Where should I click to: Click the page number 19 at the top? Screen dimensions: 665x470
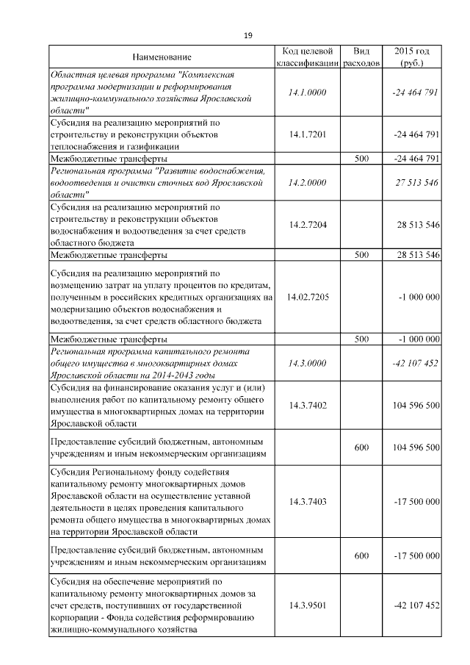(x=247, y=35)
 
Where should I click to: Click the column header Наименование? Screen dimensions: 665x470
(x=162, y=57)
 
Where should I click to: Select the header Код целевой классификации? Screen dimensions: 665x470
(x=308, y=57)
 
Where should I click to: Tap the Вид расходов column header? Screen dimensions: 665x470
(x=361, y=57)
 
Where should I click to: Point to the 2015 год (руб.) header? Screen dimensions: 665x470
(x=412, y=57)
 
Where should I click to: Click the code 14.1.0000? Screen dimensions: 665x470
(x=308, y=93)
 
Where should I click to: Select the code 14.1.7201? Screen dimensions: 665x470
(x=308, y=135)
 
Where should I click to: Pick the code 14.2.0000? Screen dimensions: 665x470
(x=308, y=182)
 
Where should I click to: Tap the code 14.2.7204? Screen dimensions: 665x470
(x=308, y=225)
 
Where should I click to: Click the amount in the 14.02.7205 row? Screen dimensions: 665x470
(x=419, y=297)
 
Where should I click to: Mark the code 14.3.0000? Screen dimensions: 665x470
(x=308, y=363)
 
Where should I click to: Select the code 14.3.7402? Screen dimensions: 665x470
(x=308, y=405)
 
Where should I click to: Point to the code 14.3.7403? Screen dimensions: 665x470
(x=308, y=501)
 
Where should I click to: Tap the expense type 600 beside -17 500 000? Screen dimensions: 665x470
(x=361, y=556)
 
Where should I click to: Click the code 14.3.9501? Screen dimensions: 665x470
(x=308, y=605)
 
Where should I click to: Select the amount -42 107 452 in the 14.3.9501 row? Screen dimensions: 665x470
(x=416, y=605)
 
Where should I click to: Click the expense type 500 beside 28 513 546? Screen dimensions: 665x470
(x=361, y=255)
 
